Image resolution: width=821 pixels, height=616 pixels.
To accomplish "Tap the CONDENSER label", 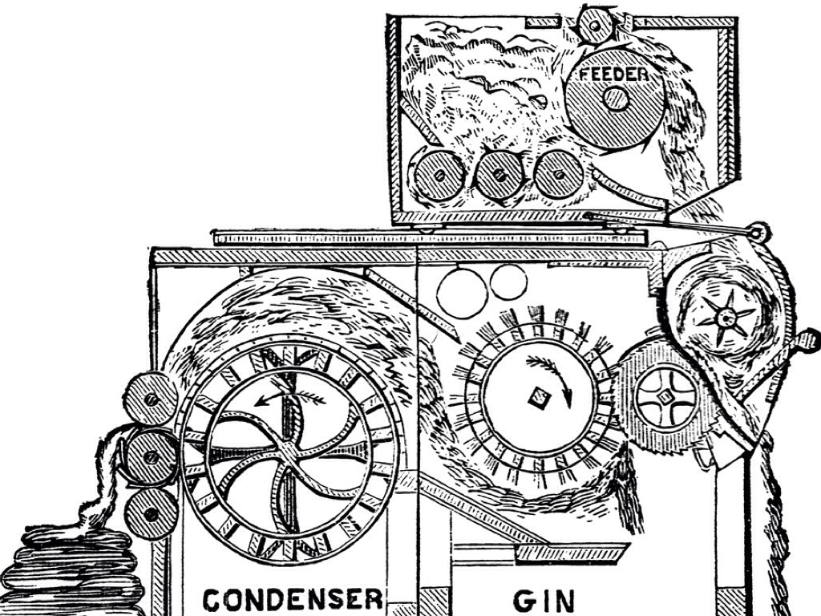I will pos(292,600).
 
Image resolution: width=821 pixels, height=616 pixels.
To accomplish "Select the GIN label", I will pos(544,601).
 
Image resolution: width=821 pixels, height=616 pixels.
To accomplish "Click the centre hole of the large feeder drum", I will pos(615,99).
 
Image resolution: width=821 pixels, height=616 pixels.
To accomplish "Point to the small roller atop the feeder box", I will pos(596,26).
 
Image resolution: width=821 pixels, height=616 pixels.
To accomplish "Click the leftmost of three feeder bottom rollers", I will pos(439,173).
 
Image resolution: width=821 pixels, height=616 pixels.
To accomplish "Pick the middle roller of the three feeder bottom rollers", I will pos(498,174).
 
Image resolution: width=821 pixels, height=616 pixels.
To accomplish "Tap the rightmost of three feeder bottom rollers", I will pos(558,172).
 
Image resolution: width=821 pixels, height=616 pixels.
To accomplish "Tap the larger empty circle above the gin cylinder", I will pos(463,292).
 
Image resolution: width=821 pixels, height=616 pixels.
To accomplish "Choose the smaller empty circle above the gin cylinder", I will pos(508,282).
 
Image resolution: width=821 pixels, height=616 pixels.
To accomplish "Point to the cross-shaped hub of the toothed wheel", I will pos(665,396).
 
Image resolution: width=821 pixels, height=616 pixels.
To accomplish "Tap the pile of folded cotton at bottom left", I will pos(76,565).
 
